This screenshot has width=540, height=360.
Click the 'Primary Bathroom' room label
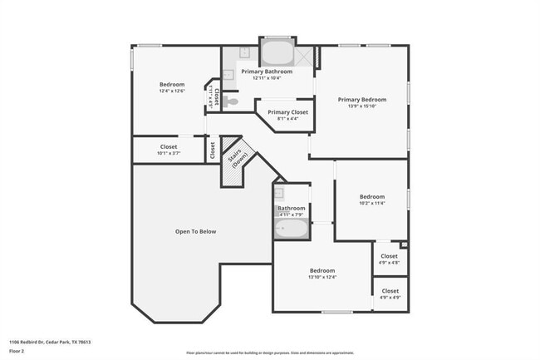tap(267, 72)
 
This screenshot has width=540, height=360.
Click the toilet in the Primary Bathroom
tap(232, 101)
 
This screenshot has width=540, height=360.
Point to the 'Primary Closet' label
tap(287, 111)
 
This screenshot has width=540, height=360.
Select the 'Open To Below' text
tap(195, 231)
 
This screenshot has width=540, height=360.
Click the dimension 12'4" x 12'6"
tap(172, 91)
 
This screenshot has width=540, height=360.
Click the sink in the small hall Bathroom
tap(280, 195)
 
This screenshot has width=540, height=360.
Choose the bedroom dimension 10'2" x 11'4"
tap(371, 204)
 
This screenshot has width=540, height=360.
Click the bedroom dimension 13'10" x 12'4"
tap(322, 278)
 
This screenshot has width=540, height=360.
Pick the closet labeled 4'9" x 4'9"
tap(390, 294)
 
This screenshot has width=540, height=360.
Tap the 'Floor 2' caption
tap(17, 351)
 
